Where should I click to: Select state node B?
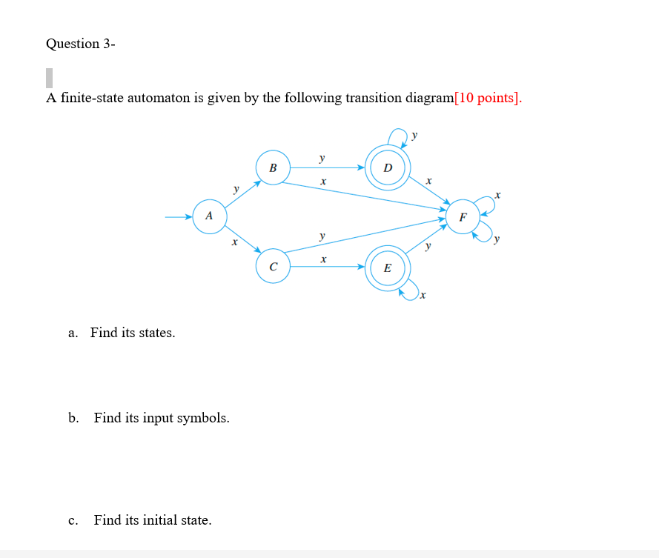click(x=273, y=168)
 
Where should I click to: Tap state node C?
click(x=273, y=266)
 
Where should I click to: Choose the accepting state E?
click(x=387, y=268)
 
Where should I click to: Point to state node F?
click(x=463, y=217)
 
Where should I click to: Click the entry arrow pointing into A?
click(x=178, y=217)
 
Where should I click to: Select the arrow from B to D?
click(x=326, y=168)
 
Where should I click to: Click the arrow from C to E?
click(x=326, y=267)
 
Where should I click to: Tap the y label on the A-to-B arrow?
click(x=236, y=189)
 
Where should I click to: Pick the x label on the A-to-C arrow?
click(x=234, y=242)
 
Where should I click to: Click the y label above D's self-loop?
click(x=415, y=135)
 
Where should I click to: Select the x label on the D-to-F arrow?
click(x=428, y=181)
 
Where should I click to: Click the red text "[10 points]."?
click(x=488, y=98)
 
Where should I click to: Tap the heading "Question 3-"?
click(x=80, y=44)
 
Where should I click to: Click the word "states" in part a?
click(x=156, y=333)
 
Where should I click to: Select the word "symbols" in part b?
click(x=205, y=418)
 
